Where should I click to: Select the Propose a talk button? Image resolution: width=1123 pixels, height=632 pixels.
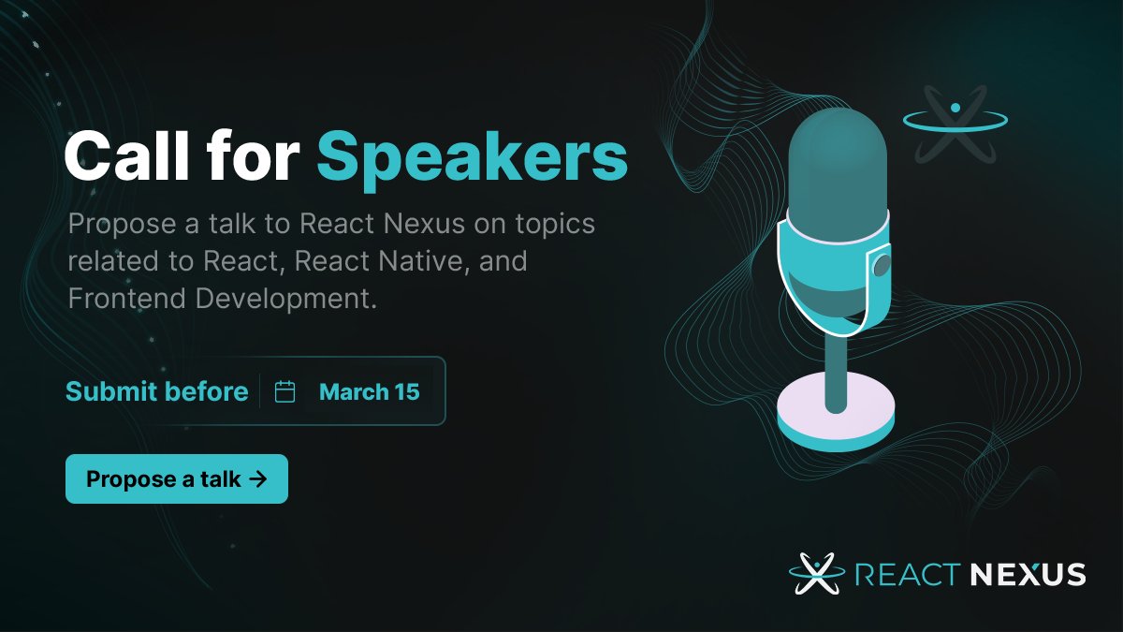(176, 479)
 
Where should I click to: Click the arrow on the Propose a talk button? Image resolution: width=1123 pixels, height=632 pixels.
(258, 479)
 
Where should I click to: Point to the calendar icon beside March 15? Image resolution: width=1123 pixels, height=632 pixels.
(285, 391)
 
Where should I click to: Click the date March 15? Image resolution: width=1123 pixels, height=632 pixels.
(369, 391)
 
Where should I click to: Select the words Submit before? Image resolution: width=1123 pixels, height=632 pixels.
(156, 391)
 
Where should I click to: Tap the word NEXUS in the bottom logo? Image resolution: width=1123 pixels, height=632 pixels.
(1027, 574)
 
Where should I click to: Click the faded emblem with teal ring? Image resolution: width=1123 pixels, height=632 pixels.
(955, 122)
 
